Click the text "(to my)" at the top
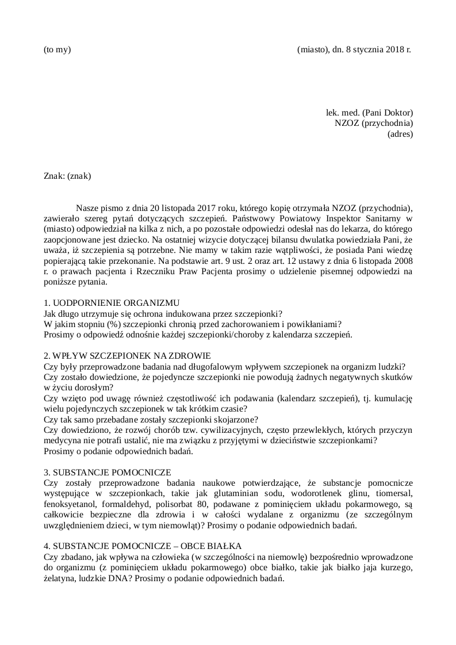pos(57,49)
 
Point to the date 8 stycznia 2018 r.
pos(379,49)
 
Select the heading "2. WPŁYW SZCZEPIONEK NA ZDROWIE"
pos(127,356)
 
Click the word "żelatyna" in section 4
pos(59,578)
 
